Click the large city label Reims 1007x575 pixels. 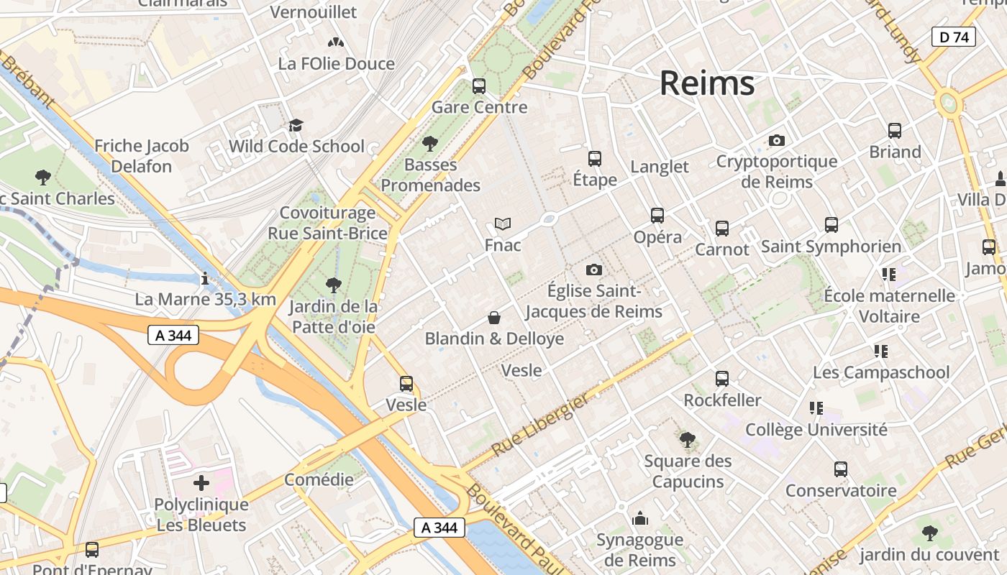coord(707,83)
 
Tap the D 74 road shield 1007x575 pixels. coord(954,37)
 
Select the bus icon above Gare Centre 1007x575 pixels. coord(478,86)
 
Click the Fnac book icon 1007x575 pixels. coord(503,224)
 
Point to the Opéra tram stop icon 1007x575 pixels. coord(657,215)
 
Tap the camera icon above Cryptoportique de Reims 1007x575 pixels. coord(776,140)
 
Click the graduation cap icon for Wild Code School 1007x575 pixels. coord(296,126)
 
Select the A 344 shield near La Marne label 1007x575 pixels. coord(173,335)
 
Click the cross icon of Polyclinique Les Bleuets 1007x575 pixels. coord(201,483)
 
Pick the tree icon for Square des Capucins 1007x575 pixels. coord(687,439)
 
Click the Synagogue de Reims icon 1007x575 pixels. coord(639,518)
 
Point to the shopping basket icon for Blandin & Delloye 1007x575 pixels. coord(494,317)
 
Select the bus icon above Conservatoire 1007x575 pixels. coord(840,469)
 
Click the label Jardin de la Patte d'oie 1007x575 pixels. coord(332,317)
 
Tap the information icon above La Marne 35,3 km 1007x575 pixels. coord(205,278)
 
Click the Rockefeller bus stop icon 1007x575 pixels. coord(721,379)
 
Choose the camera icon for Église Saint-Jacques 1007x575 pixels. coord(593,270)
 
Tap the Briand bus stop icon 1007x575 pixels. coord(894,131)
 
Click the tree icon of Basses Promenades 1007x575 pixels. coord(430,144)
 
